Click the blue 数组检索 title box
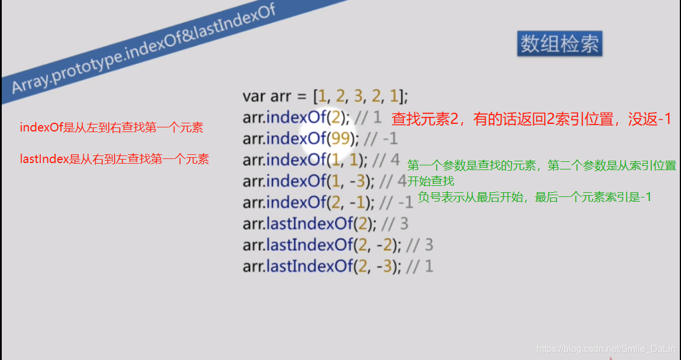click(x=559, y=44)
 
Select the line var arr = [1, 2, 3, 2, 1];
click(x=325, y=96)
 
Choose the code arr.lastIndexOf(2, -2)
click(x=322, y=245)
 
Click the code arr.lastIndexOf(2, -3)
click(x=322, y=266)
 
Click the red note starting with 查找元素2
click(x=531, y=119)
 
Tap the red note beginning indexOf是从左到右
click(x=111, y=127)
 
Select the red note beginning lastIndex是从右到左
click(x=114, y=159)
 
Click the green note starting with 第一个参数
click(x=541, y=165)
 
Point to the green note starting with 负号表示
click(x=534, y=198)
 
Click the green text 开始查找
click(x=431, y=181)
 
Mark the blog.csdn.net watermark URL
click(x=606, y=349)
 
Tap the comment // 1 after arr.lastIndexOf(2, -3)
click(x=420, y=266)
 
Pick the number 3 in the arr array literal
click(x=358, y=96)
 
